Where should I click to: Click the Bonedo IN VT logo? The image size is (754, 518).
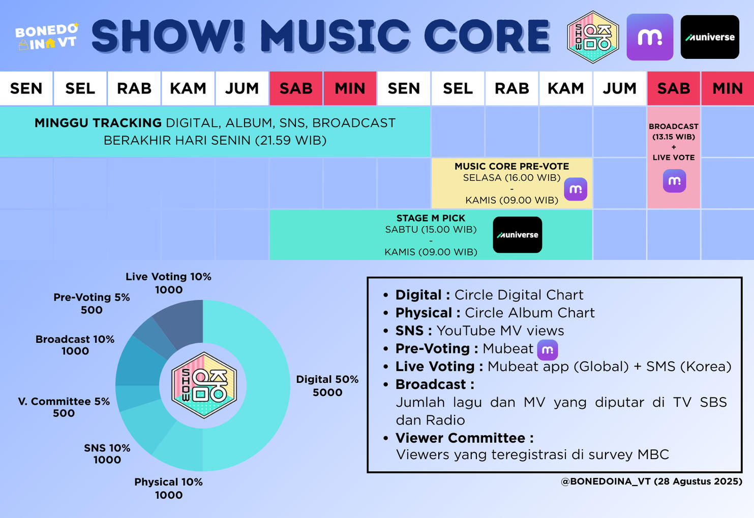coord(47,37)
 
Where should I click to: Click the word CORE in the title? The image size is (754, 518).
coord(487,37)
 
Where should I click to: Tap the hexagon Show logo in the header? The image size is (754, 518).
coord(592,37)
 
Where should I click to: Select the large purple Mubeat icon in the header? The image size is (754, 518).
coord(650,37)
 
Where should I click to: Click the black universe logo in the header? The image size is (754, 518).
coord(710,37)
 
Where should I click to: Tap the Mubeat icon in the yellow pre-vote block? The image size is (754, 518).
coord(576,189)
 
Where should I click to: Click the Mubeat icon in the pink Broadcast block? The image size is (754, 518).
coord(674,181)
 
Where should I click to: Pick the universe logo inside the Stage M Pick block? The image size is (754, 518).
coord(517,235)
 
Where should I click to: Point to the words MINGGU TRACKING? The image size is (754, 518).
coord(98,123)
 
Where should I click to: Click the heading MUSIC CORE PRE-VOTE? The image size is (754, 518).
coord(511,166)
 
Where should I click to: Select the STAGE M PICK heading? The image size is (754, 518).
coord(431,218)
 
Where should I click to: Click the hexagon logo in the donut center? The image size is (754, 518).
coord(203,385)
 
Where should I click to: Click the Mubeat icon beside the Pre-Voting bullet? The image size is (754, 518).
coord(548,349)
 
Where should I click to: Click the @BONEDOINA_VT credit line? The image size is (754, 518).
coord(651,481)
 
